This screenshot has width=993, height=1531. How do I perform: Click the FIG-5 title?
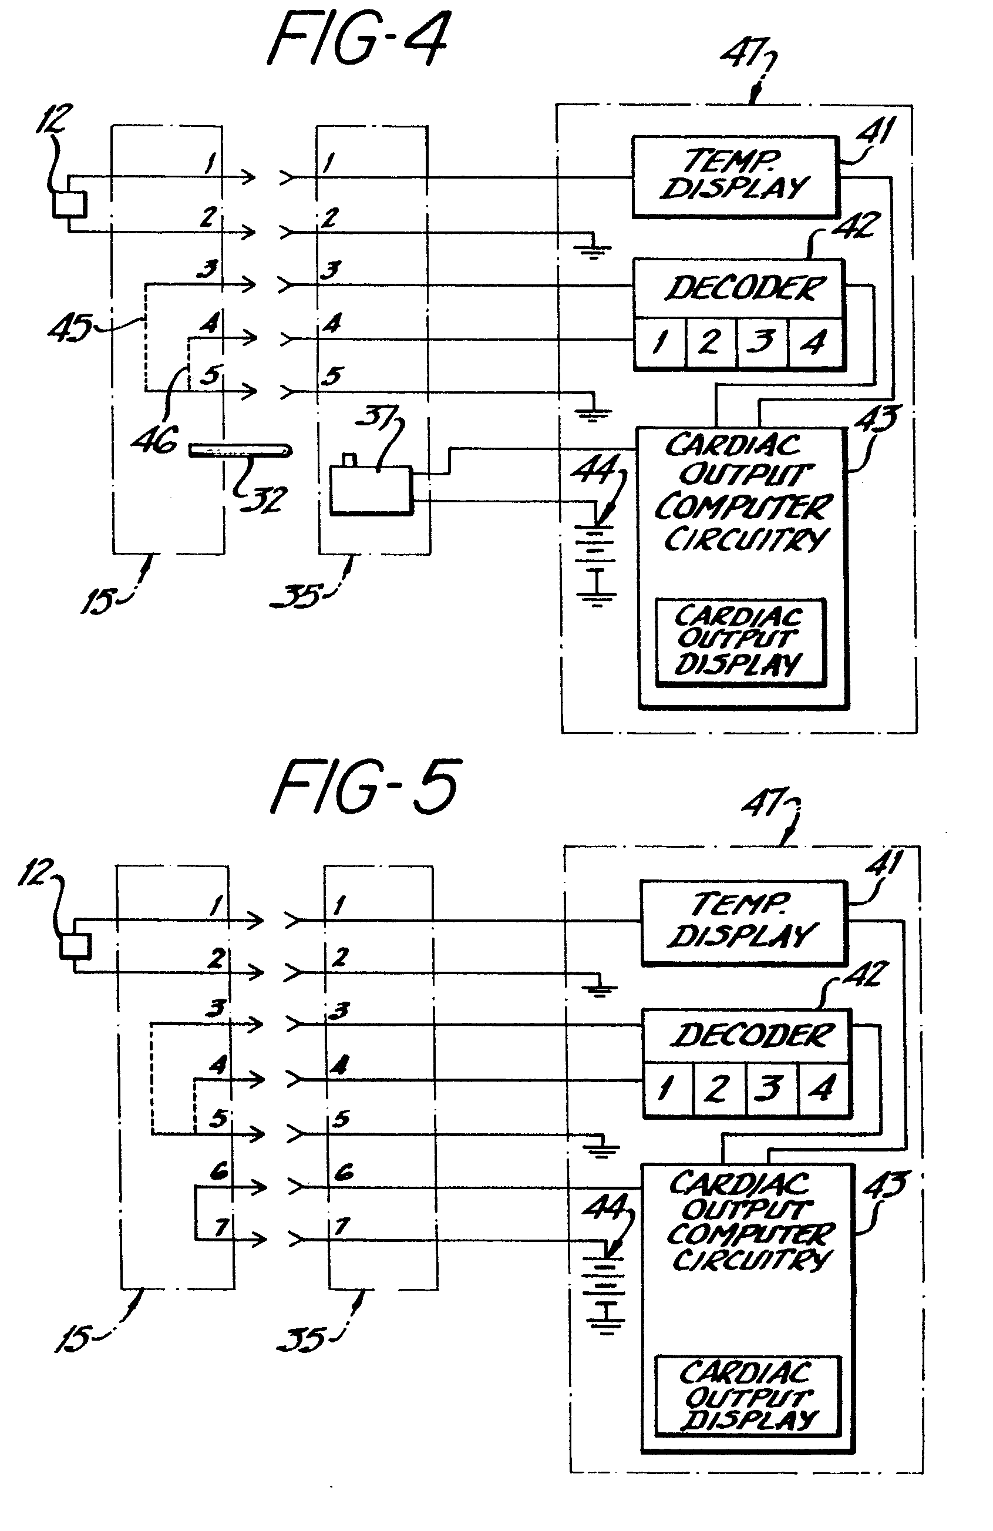[x=365, y=786]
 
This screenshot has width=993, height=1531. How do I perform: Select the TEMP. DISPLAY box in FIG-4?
[x=735, y=176]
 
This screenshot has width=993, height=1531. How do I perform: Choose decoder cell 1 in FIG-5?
[x=668, y=1089]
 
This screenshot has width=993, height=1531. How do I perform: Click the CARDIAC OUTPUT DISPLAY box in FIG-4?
[x=739, y=642]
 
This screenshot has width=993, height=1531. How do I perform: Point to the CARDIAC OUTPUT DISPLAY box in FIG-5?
[x=748, y=1396]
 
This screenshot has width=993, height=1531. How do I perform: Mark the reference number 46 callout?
[x=154, y=440]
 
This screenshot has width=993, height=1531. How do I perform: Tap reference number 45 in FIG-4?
[x=69, y=327]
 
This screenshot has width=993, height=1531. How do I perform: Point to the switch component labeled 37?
[x=371, y=490]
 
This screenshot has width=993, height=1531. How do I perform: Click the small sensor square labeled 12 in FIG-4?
[x=69, y=204]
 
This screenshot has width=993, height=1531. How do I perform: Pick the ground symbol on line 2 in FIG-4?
[x=593, y=250]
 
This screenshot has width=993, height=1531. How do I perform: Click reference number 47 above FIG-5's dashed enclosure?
[x=763, y=803]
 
